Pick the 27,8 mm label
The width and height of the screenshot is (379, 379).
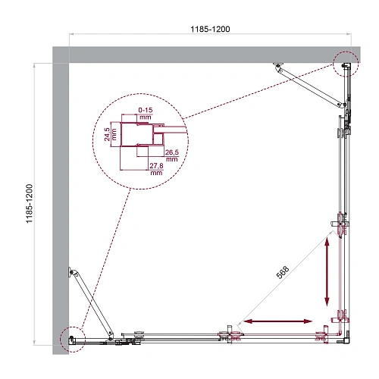(x=157, y=169)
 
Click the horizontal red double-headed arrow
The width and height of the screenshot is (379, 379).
(x=275, y=322)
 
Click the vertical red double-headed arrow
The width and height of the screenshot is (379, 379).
(x=327, y=269)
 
